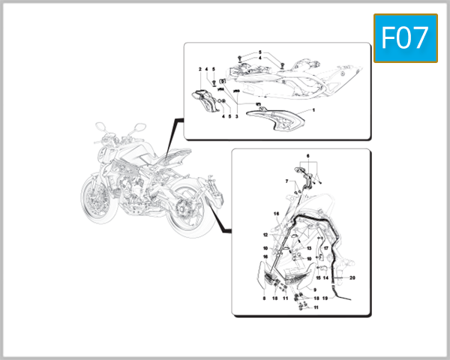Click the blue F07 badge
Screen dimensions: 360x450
[x=405, y=37]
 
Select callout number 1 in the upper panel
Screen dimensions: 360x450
[x=313, y=110]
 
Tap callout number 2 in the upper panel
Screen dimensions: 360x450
[x=200, y=68]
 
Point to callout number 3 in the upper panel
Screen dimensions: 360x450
[x=237, y=117]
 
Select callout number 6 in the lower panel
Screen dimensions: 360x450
[x=306, y=155]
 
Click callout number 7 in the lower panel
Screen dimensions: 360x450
[x=286, y=181]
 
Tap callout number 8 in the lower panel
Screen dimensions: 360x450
[x=264, y=298]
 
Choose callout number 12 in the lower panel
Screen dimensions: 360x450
[x=265, y=235]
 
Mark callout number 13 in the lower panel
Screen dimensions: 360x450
[x=309, y=247]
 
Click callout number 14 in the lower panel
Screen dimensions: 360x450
[x=325, y=277]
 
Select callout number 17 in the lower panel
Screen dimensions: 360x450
[x=326, y=247]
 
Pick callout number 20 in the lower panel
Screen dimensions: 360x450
[x=352, y=277]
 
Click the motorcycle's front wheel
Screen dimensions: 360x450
[x=100, y=201]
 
